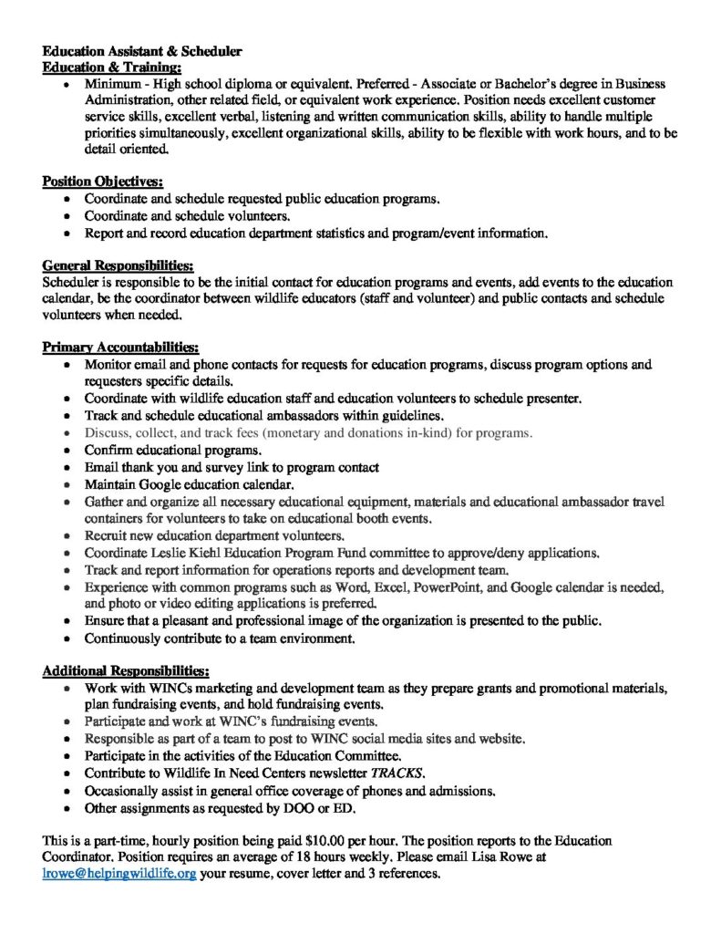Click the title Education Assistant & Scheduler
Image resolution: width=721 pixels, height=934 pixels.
pos(143,52)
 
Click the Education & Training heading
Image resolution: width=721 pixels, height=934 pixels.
pos(112,67)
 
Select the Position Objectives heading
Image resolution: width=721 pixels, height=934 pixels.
pos(103,182)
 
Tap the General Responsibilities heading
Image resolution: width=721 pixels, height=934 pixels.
pos(118,265)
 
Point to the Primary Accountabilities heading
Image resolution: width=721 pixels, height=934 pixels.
pos(121,348)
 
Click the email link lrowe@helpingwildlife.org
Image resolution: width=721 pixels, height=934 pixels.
pos(119,873)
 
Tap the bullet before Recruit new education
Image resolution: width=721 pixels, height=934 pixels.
pos(68,536)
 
